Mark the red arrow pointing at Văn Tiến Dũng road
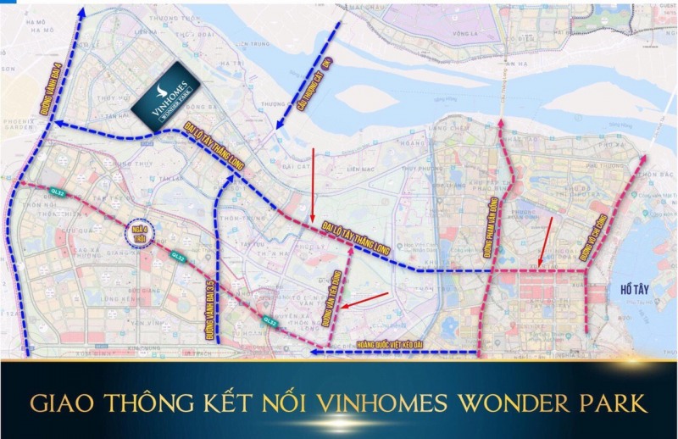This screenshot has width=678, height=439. coord(367,300)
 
